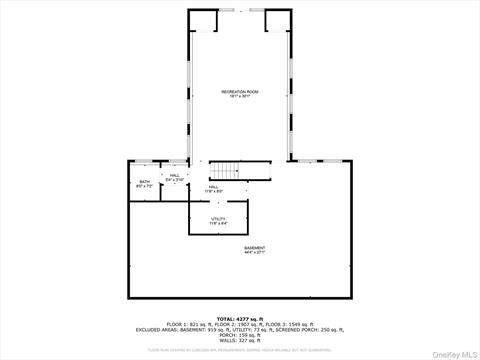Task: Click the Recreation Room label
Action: [x=240, y=91]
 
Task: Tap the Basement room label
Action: [x=255, y=247]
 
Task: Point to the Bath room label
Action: [x=145, y=181]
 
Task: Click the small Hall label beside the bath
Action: [x=174, y=175]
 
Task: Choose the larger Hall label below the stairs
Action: [x=214, y=186]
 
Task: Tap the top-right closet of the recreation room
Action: [x=275, y=21]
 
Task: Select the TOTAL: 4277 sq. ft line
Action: [x=240, y=319]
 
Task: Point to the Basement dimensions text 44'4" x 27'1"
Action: [x=255, y=252]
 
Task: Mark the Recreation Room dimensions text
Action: [x=240, y=96]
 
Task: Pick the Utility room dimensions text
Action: [x=218, y=223]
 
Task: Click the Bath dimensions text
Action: [x=145, y=186]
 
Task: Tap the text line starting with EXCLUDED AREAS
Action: [x=240, y=329]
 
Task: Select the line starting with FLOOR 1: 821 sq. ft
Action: [x=240, y=324]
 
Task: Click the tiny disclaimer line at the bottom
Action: [x=240, y=350]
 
